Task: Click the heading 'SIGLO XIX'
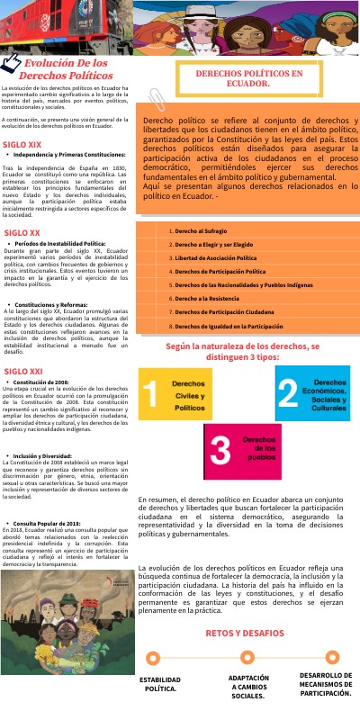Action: (22, 144)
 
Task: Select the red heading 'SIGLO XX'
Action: (22, 233)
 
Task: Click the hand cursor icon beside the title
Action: (12, 63)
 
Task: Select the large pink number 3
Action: (219, 447)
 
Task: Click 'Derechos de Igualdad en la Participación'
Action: (234, 326)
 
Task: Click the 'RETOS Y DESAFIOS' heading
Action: (245, 607)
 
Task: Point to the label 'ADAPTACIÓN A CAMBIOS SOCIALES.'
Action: (248, 687)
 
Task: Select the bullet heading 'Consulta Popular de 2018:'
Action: (59, 523)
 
